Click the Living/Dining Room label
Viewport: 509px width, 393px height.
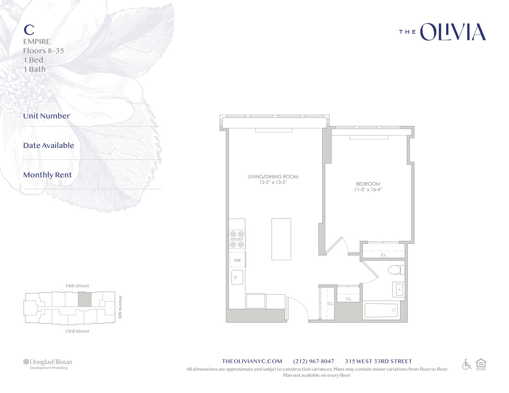[273, 176]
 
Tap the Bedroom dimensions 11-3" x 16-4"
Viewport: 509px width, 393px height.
[368, 189]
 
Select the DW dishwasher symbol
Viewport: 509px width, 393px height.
[237, 260]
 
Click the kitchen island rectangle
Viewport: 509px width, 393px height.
[281, 239]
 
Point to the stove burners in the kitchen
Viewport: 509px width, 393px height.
[237, 239]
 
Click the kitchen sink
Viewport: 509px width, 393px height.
[237, 277]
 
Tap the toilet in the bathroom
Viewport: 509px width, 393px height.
[396, 270]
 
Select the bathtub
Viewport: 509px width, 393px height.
[381, 310]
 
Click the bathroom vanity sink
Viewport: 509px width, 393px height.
[398, 290]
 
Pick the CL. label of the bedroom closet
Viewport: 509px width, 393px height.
[384, 255]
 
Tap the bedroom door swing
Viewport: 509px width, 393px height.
[337, 246]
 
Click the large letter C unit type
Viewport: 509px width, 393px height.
[29, 29]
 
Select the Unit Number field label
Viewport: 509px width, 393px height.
[46, 116]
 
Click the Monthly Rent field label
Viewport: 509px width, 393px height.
[47, 175]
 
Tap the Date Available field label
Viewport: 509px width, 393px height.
[48, 145]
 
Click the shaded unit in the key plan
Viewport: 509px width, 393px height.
[85, 300]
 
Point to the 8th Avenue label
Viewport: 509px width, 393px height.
[120, 307]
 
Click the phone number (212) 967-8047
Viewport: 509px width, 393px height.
[314, 361]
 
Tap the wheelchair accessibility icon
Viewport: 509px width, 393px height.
[467, 364]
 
